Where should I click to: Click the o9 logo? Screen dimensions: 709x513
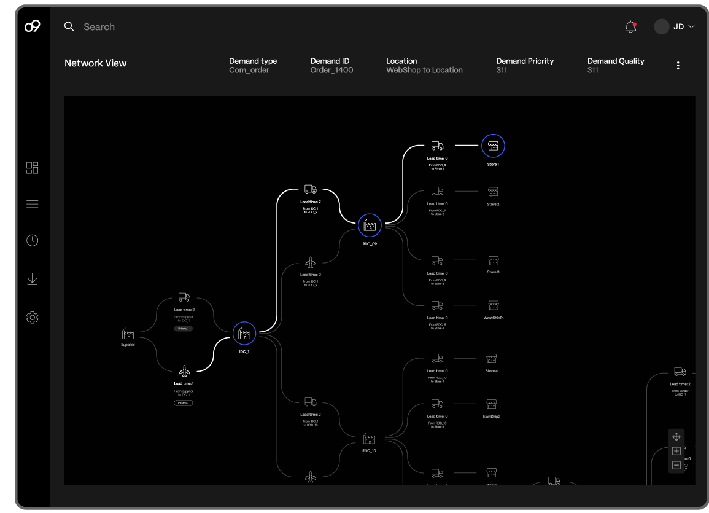click(x=32, y=26)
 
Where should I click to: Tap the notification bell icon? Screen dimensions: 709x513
click(x=630, y=27)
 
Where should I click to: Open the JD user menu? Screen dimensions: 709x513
click(x=674, y=27)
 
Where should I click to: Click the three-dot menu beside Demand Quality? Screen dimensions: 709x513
click(x=678, y=66)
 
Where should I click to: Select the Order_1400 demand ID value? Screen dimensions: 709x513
click(x=331, y=71)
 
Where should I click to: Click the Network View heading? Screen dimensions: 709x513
click(x=96, y=63)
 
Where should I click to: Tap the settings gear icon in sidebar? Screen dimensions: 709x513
click(x=33, y=318)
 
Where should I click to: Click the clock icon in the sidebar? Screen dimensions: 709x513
click(x=33, y=240)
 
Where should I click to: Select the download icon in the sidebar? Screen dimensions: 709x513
click(x=33, y=280)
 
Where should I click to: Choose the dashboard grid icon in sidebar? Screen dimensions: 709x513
click(x=33, y=168)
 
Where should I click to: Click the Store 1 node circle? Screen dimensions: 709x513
click(x=493, y=146)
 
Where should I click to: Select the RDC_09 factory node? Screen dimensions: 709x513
click(x=370, y=225)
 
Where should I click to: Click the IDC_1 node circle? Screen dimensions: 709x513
click(x=244, y=334)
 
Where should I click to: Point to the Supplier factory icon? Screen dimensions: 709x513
click(x=128, y=334)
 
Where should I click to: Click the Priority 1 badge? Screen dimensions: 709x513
click(x=184, y=329)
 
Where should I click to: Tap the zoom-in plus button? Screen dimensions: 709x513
click(x=676, y=451)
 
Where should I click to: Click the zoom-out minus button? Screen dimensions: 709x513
click(x=676, y=465)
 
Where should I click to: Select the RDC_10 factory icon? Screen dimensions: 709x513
click(x=369, y=439)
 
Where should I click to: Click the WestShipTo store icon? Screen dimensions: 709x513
click(x=494, y=305)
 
